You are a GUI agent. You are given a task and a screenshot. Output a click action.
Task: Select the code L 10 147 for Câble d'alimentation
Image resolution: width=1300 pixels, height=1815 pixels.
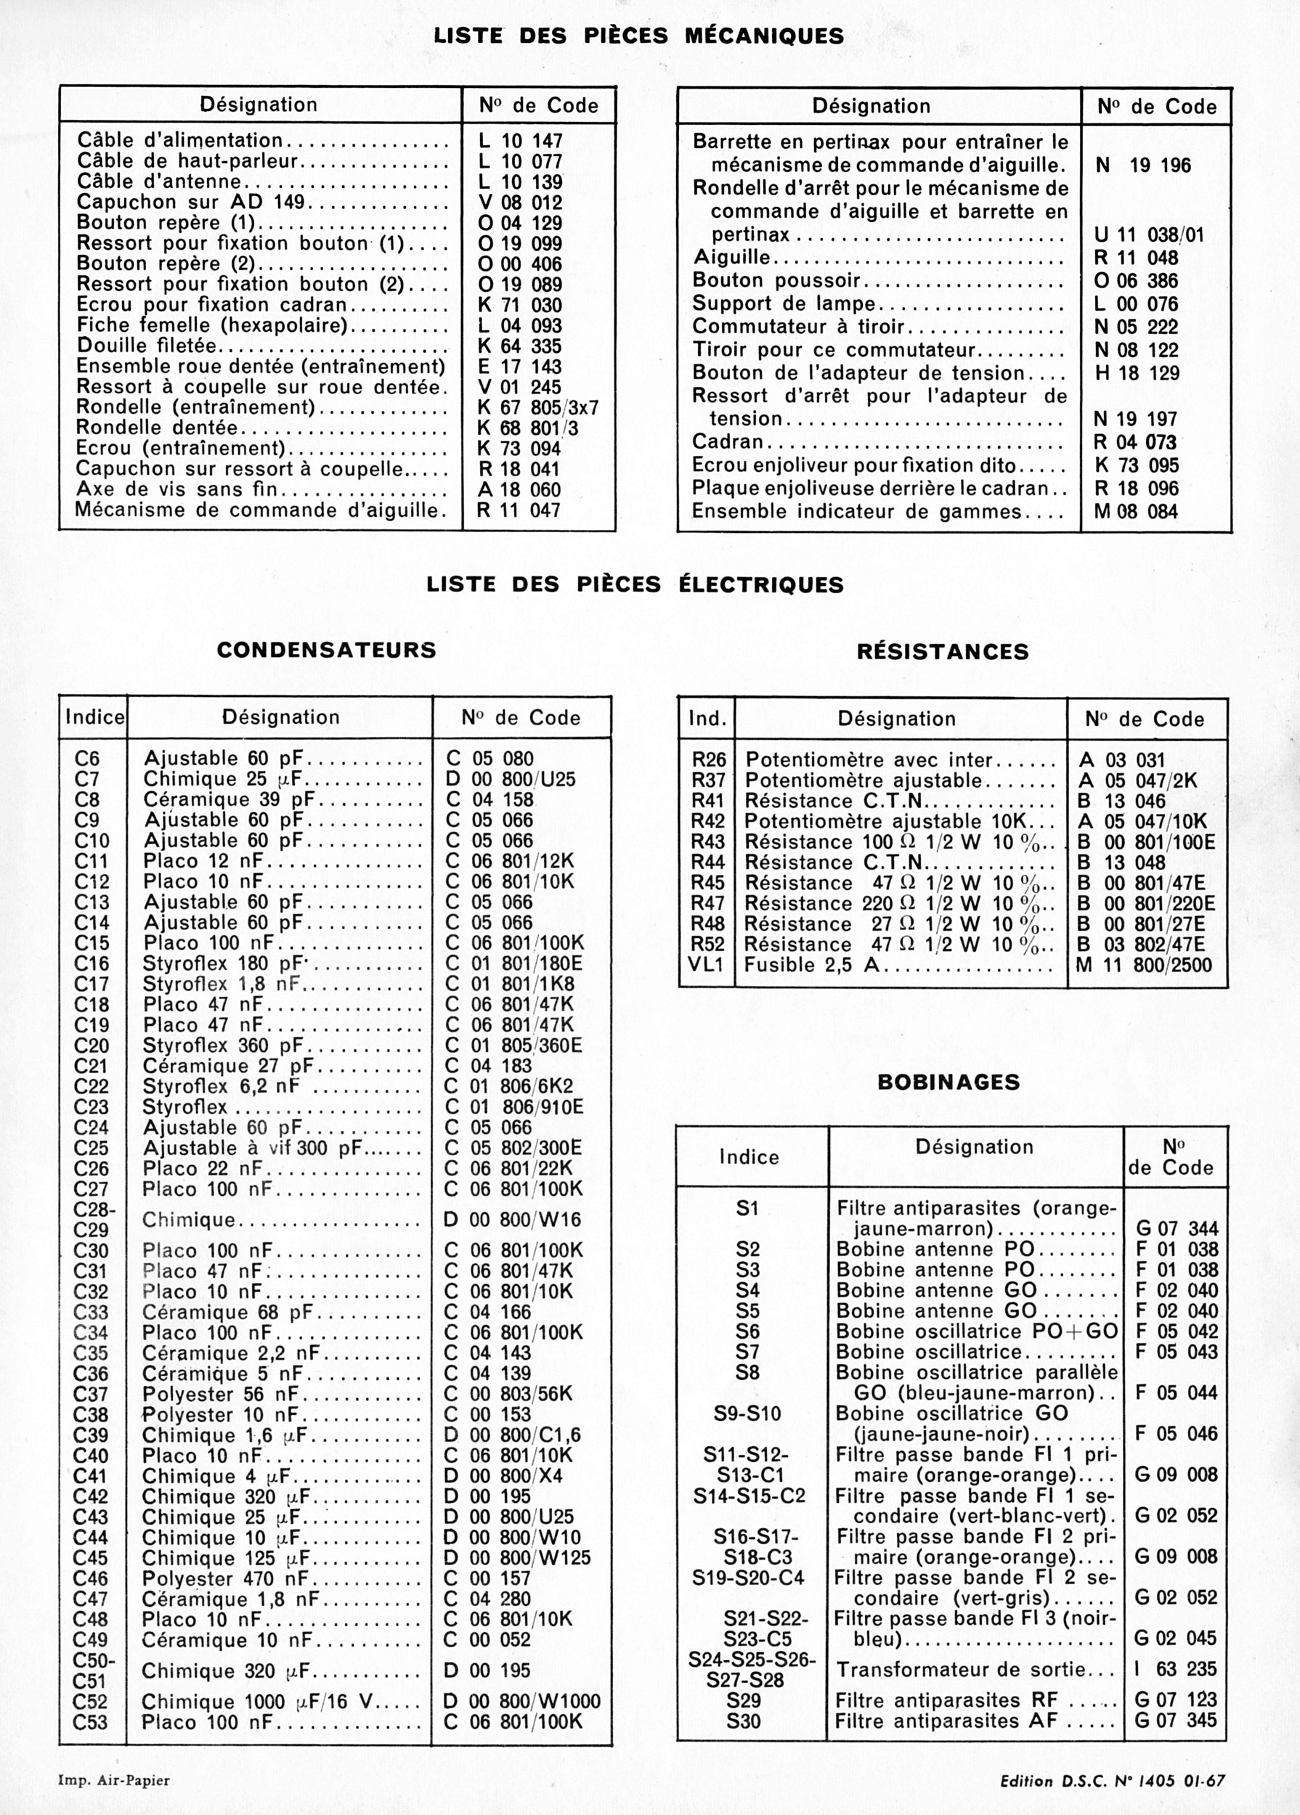click(519, 141)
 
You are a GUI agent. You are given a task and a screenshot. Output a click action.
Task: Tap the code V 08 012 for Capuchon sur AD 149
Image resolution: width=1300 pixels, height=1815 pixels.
click(519, 203)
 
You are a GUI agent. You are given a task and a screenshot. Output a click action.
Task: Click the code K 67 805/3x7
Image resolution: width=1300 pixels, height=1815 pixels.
click(537, 407)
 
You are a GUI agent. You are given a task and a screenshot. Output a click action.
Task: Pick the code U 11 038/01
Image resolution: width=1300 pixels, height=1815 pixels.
click(1149, 235)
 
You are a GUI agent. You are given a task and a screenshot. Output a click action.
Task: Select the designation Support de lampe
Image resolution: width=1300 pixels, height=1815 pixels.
click(784, 304)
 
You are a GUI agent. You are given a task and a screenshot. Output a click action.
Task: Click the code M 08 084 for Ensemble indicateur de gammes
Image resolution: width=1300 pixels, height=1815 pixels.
click(1136, 511)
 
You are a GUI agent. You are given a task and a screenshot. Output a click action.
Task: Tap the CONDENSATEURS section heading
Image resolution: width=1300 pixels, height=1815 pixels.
click(327, 649)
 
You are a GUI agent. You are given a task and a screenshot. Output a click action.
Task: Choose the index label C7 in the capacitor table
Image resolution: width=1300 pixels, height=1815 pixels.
click(86, 779)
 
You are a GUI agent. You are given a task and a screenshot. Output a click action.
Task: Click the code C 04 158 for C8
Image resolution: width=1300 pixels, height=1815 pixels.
click(489, 799)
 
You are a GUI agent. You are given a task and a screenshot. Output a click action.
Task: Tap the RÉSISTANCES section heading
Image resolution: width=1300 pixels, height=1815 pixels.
click(942, 651)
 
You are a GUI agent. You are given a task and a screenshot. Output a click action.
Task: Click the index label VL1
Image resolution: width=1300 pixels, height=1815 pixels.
click(705, 965)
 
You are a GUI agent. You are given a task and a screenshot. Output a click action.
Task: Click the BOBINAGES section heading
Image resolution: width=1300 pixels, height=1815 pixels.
click(948, 1082)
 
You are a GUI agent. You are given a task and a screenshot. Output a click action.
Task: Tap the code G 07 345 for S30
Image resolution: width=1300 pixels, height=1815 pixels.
click(1175, 1721)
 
